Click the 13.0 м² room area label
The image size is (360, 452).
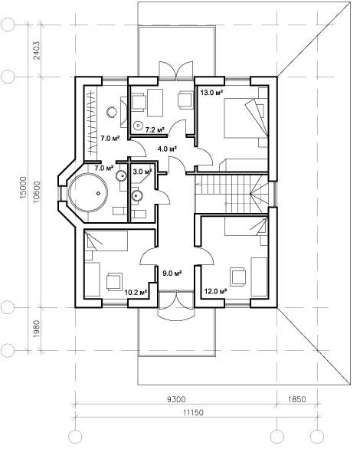[212, 93]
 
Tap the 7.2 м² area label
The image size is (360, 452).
[155, 130]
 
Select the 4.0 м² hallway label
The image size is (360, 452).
[167, 149]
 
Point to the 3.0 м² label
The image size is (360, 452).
[142, 172]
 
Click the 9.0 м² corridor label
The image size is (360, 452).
[172, 273]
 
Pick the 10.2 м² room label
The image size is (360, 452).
[136, 293]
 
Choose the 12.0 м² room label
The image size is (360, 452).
[215, 291]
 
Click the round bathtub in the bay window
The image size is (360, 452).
[88, 192]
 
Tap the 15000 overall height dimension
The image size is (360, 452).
[23, 188]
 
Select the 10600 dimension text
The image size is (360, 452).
[37, 192]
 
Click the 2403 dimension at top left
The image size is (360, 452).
[37, 51]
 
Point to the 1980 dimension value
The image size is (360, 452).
[37, 329]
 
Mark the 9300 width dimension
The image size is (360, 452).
[176, 399]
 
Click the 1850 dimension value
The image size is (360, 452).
[297, 399]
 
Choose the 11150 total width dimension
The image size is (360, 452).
[193, 412]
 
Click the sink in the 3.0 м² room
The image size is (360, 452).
[137, 195]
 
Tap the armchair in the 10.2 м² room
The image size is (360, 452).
[114, 282]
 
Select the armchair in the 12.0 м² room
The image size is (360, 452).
[237, 276]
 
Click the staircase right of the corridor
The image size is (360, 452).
[231, 193]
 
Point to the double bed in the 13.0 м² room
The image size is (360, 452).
[246, 118]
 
